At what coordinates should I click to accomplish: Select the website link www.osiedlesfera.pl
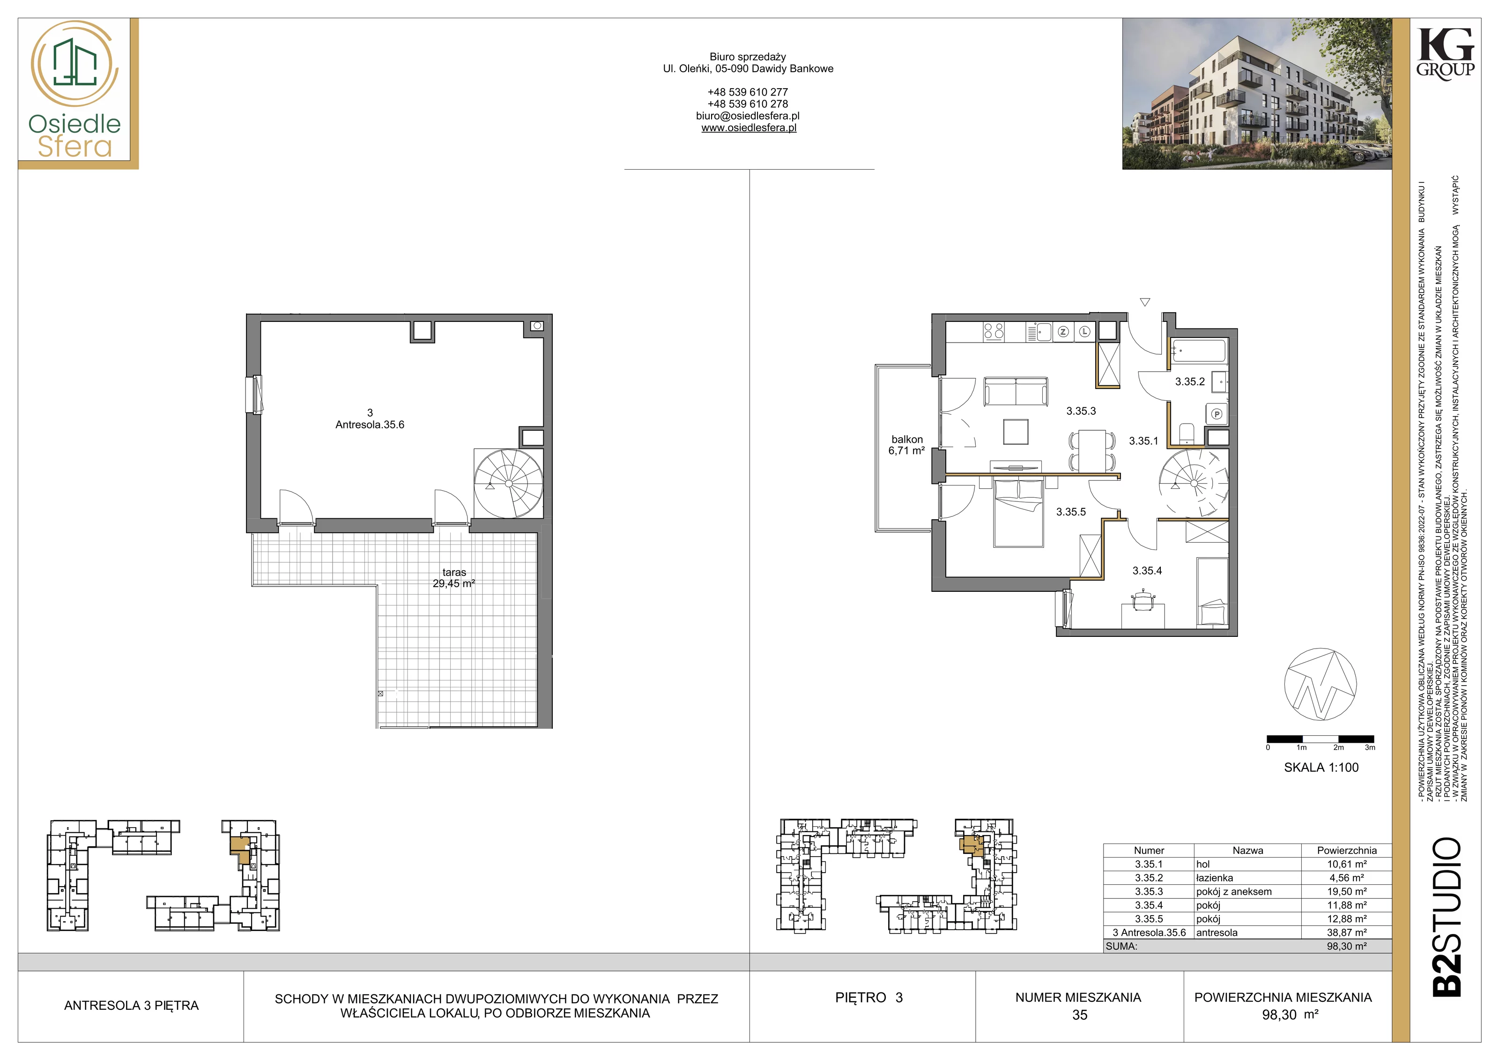click(x=749, y=128)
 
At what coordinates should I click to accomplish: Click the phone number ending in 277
click(x=748, y=92)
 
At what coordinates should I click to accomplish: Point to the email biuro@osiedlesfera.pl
click(x=748, y=116)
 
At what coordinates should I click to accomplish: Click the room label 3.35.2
click(x=1189, y=382)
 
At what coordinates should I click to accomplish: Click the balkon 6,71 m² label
click(x=907, y=445)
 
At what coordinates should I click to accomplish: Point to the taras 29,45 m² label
click(x=454, y=578)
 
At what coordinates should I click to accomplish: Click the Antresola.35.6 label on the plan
click(x=370, y=425)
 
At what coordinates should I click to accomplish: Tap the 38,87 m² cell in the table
click(x=1346, y=933)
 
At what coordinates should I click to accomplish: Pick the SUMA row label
click(x=1121, y=946)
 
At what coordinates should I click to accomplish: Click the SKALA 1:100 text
click(x=1321, y=768)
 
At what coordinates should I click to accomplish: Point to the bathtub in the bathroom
click(x=1199, y=351)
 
